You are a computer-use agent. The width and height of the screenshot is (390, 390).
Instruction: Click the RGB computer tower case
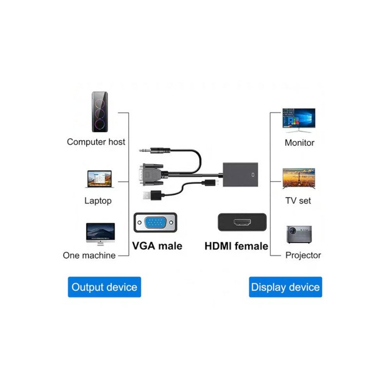pyautogui.click(x=100, y=112)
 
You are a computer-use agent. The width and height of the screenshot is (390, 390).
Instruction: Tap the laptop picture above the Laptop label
pyautogui.click(x=99, y=179)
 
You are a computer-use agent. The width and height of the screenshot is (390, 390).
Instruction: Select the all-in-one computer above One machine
pyautogui.click(x=100, y=234)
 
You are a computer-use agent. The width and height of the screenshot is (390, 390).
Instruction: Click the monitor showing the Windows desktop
pyautogui.click(x=299, y=120)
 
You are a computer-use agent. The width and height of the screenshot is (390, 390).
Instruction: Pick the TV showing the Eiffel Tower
pyautogui.click(x=299, y=178)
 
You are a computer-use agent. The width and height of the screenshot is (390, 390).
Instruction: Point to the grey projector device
pyautogui.click(x=299, y=234)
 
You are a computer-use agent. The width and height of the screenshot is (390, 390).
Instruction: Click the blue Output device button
pyautogui.click(x=104, y=287)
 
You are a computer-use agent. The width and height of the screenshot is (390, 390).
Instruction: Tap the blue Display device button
pyautogui.click(x=285, y=287)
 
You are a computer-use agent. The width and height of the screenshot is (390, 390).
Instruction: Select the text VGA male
pyautogui.click(x=157, y=246)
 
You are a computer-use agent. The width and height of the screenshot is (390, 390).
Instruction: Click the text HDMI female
pyautogui.click(x=236, y=246)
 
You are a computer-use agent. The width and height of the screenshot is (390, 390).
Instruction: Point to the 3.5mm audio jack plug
pyautogui.click(x=155, y=150)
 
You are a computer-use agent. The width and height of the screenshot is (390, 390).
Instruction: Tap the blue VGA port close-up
pyautogui.click(x=155, y=222)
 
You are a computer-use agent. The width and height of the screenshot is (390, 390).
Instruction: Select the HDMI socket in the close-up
pyautogui.click(x=242, y=222)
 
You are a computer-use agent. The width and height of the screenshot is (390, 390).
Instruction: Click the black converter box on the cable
pyautogui.click(x=240, y=175)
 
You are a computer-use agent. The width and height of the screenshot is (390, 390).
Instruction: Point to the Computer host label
pyautogui.click(x=96, y=142)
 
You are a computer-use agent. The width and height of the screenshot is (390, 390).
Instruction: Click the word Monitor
pyautogui.click(x=299, y=143)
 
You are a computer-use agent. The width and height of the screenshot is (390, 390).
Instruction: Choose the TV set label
pyautogui.click(x=298, y=200)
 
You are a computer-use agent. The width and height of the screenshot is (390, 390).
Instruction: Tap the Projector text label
pyautogui.click(x=303, y=255)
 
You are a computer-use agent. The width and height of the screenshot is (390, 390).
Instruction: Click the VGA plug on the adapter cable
pyautogui.click(x=151, y=175)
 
